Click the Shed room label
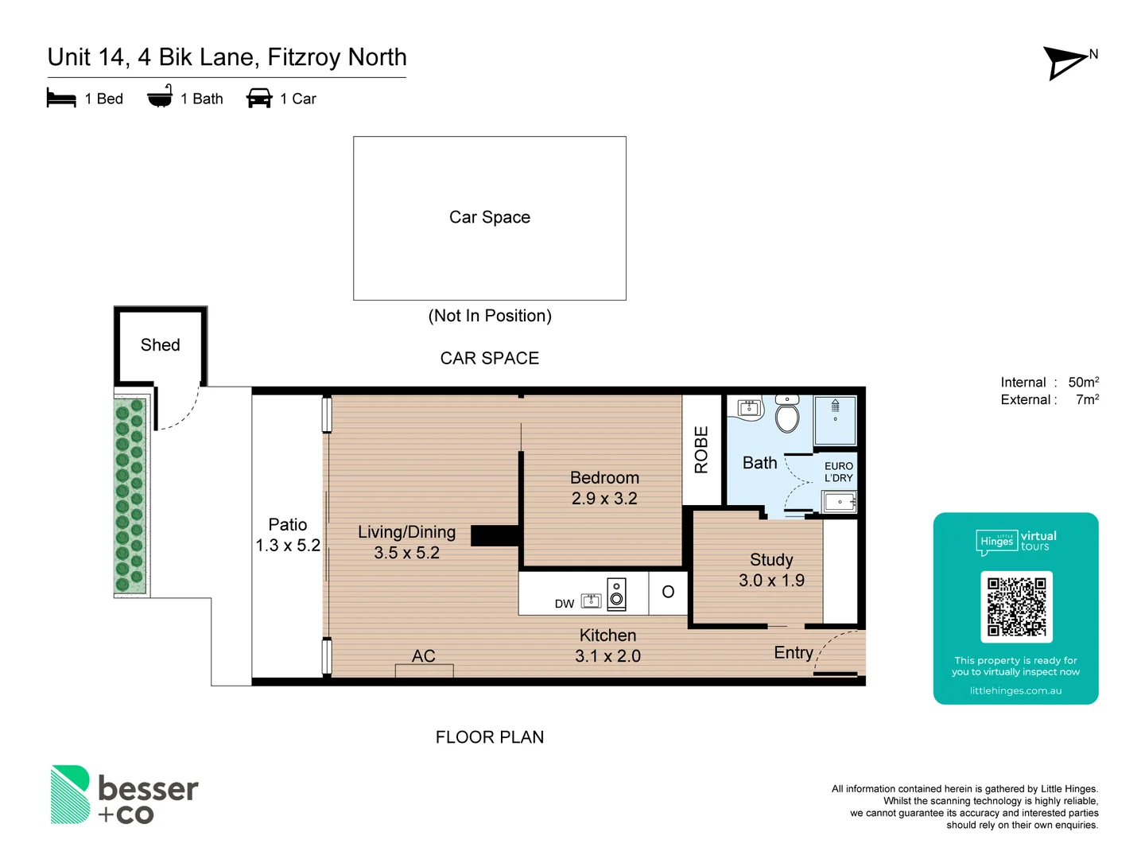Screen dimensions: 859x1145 coord(160,345)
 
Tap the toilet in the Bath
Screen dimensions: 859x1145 coord(787,415)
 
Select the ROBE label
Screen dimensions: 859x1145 coord(701,450)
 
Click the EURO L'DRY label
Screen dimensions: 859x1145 coord(838,472)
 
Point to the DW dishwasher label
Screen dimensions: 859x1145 coord(565,604)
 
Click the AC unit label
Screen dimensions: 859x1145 coord(424,656)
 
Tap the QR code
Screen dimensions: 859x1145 coord(1016,606)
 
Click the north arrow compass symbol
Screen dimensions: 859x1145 coord(1066,62)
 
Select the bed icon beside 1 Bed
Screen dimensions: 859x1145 coord(61,99)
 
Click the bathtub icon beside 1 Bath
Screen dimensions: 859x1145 coord(160,97)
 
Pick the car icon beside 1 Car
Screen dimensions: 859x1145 coord(259,99)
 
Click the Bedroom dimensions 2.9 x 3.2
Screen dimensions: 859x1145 coord(604,499)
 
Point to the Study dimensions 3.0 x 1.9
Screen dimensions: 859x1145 coord(771,581)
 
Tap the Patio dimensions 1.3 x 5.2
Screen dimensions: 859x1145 coord(288,546)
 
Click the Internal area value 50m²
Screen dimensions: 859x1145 coord(1083,383)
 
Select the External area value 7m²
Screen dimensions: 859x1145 coord(1087,400)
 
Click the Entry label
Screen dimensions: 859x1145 coord(794,653)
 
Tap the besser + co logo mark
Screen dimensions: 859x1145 coord(71,794)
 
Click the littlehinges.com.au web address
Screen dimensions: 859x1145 coord(1015,690)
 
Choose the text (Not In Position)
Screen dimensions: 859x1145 coord(490,316)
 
